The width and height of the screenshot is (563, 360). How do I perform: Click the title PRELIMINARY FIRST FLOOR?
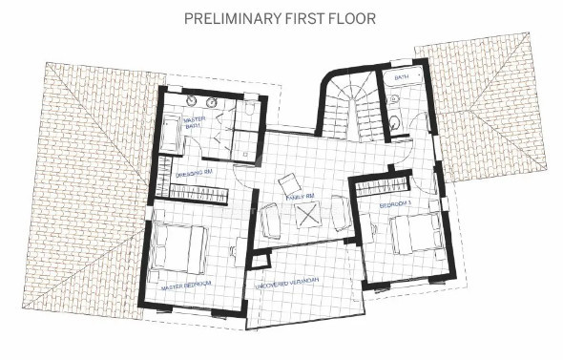(281, 17)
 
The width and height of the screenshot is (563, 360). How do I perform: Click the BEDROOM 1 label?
(395, 204)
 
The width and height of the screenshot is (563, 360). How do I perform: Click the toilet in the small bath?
(393, 121)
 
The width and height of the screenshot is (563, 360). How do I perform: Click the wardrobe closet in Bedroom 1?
(383, 187)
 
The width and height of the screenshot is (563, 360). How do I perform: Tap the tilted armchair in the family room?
(288, 183)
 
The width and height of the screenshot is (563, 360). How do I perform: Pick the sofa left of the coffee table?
(271, 222)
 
